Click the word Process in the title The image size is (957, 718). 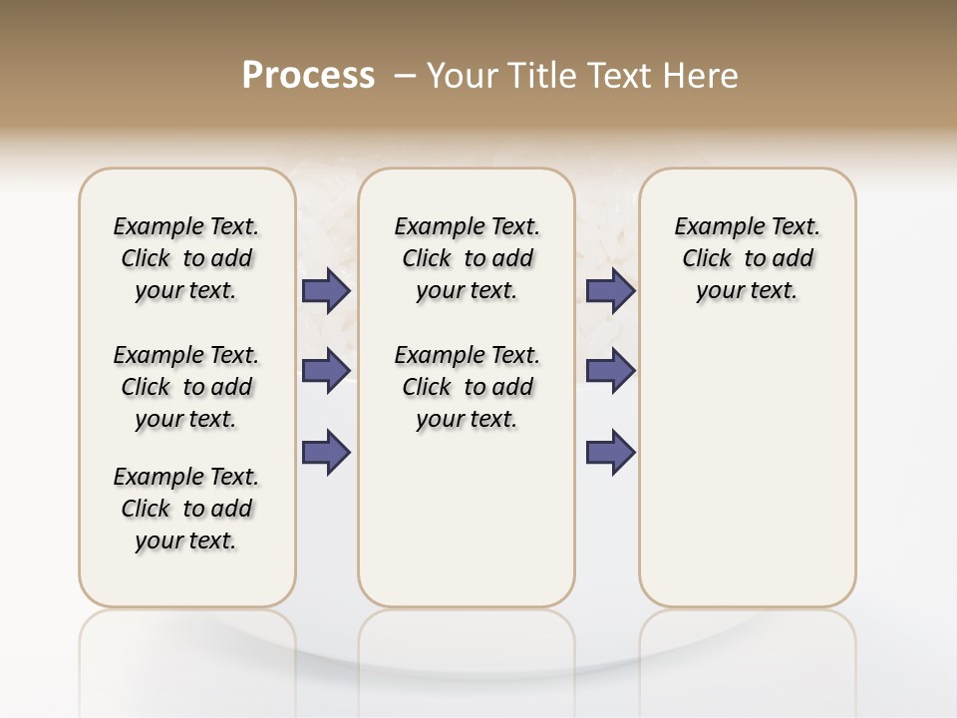(x=308, y=76)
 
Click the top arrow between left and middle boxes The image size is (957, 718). (x=326, y=291)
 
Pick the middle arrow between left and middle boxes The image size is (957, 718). (x=326, y=371)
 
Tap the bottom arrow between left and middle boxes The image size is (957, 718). (x=326, y=453)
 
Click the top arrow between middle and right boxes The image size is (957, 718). (x=611, y=291)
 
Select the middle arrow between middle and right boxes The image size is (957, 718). (x=611, y=371)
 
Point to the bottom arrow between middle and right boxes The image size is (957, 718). (x=611, y=453)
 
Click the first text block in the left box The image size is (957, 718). (x=186, y=258)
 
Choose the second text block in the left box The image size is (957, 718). (x=186, y=387)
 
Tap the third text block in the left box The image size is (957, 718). (x=186, y=509)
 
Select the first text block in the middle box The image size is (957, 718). (x=467, y=258)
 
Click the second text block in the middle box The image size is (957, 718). (x=467, y=387)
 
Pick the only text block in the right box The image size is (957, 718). (x=747, y=258)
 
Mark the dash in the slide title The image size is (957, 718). (x=404, y=76)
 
